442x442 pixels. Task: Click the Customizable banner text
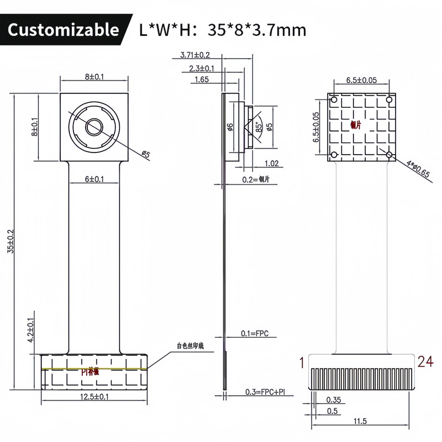pyautogui.click(x=63, y=30)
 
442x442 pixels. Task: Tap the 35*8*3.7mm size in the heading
pyautogui.click(x=257, y=30)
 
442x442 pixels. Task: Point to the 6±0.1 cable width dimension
pyautogui.click(x=94, y=179)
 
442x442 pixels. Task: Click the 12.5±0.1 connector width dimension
pyautogui.click(x=94, y=397)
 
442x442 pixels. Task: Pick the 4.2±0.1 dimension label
pyautogui.click(x=31, y=330)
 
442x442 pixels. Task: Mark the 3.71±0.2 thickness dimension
pyautogui.click(x=195, y=55)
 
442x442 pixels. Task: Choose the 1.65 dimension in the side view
pyautogui.click(x=202, y=79)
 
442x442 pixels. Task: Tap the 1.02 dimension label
pyautogui.click(x=272, y=163)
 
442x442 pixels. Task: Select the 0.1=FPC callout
pyautogui.click(x=254, y=333)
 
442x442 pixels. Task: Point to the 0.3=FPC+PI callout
pyautogui.click(x=265, y=392)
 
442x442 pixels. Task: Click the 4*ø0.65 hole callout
pyautogui.click(x=418, y=169)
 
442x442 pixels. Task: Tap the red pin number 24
pyautogui.click(x=425, y=362)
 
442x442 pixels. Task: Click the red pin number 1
pyautogui.click(x=302, y=363)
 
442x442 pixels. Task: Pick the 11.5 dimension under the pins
pyautogui.click(x=360, y=421)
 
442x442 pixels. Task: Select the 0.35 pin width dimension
pyautogui.click(x=333, y=400)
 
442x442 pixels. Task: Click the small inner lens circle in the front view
pyautogui.click(x=94, y=127)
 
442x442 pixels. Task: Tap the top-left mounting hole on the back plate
pyautogui.click(x=334, y=99)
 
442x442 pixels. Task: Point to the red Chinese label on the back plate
pyautogui.click(x=356, y=125)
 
